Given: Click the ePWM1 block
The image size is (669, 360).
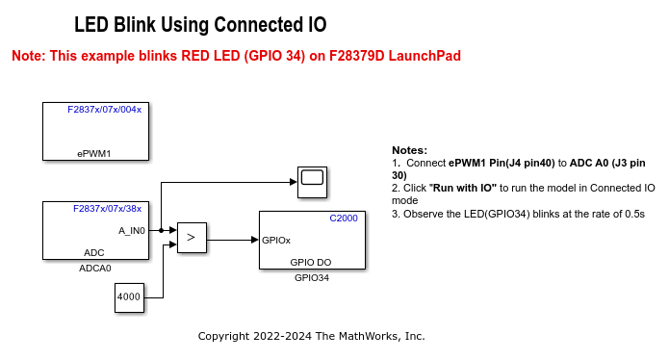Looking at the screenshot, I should [x=95, y=131].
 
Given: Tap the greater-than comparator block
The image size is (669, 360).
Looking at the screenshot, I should [x=192, y=235].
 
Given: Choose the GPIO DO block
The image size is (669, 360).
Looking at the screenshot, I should [x=310, y=240].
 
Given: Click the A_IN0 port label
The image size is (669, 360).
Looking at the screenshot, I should [x=132, y=230].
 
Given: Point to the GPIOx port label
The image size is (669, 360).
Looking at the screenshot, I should [x=277, y=240].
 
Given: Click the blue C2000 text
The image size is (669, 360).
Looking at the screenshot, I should [x=343, y=219].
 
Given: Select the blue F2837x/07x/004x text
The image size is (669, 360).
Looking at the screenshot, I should [x=104, y=110].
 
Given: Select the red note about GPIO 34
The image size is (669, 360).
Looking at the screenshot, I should [x=236, y=56].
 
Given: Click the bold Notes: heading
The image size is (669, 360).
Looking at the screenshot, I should [x=409, y=150].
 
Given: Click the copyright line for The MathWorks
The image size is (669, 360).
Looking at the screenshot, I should [x=311, y=336].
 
